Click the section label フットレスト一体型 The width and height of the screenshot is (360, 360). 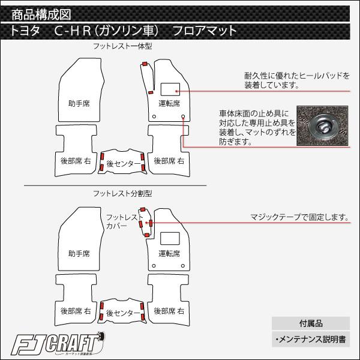tap(118, 46)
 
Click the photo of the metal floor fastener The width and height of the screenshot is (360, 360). tap(325, 127)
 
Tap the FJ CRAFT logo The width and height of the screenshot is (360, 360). tap(60, 346)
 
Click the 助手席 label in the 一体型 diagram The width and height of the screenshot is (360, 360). tap(79, 104)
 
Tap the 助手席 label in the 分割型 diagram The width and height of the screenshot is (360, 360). tap(79, 253)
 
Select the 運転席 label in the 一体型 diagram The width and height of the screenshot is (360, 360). tap(169, 103)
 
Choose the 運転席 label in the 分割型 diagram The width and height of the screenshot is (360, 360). tap(169, 253)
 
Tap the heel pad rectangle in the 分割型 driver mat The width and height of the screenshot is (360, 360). tap(170, 237)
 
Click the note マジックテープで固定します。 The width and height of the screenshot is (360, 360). tap(299, 217)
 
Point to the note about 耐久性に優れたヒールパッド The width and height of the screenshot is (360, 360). tap(297, 80)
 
